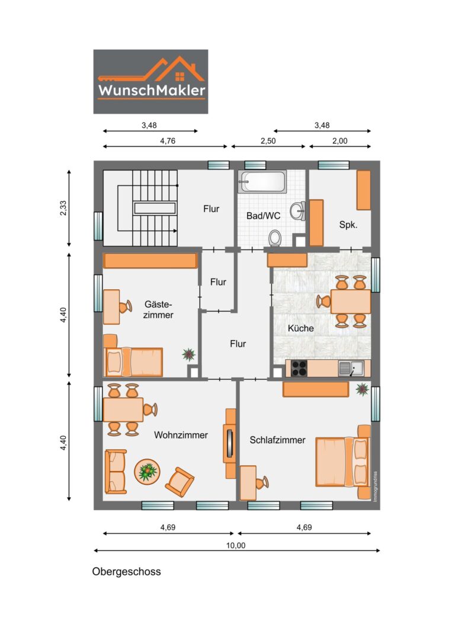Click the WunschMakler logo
150,82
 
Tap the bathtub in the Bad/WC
262,182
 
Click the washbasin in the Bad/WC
298,211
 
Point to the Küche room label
301,328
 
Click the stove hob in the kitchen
299,369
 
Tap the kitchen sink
351,369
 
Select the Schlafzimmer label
277,440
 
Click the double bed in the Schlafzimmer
343,462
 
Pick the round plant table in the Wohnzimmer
147,472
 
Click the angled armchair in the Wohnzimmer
179,482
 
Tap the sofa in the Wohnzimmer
116,472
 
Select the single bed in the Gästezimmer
133,361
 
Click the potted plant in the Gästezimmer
188,354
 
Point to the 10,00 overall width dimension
236,546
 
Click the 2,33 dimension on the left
63,208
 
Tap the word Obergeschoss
126,571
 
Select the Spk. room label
348,225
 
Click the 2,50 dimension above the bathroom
268,141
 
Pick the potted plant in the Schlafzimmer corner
363,389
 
